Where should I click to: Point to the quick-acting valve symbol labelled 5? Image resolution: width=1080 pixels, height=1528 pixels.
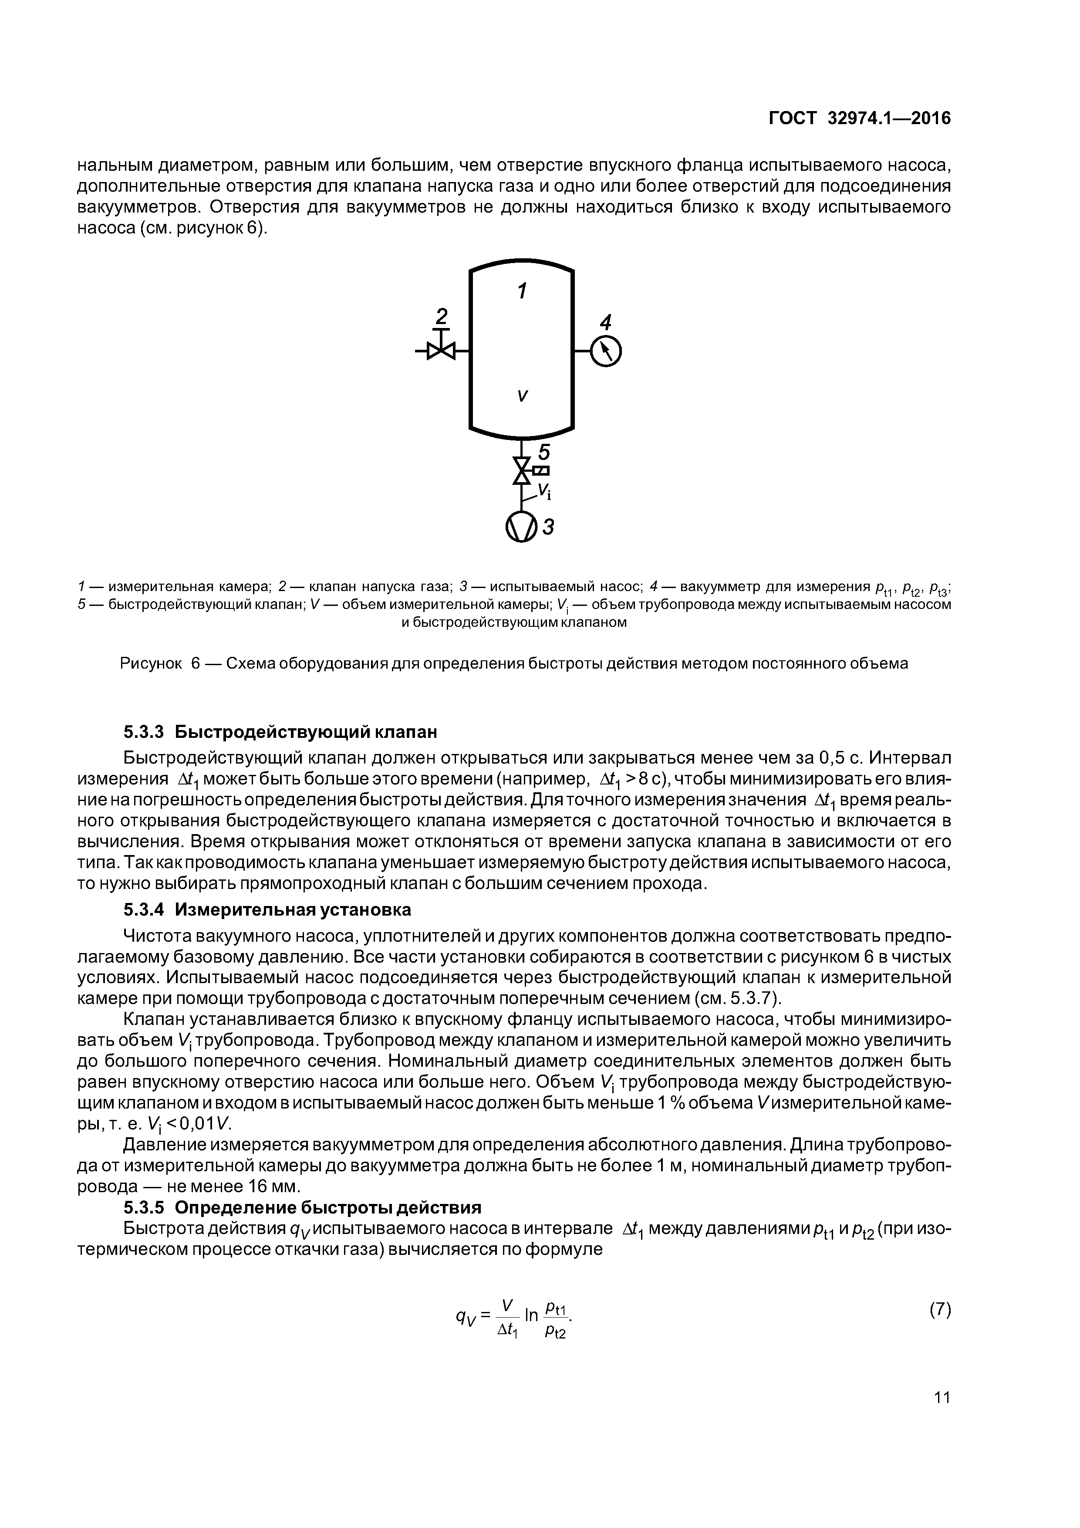coord(523,470)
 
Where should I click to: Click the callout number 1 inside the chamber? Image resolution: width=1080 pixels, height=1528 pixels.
coord(523,291)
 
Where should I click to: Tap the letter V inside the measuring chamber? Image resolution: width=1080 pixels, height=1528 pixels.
coord(523,396)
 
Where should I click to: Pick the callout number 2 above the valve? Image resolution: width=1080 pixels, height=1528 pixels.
coord(441,315)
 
